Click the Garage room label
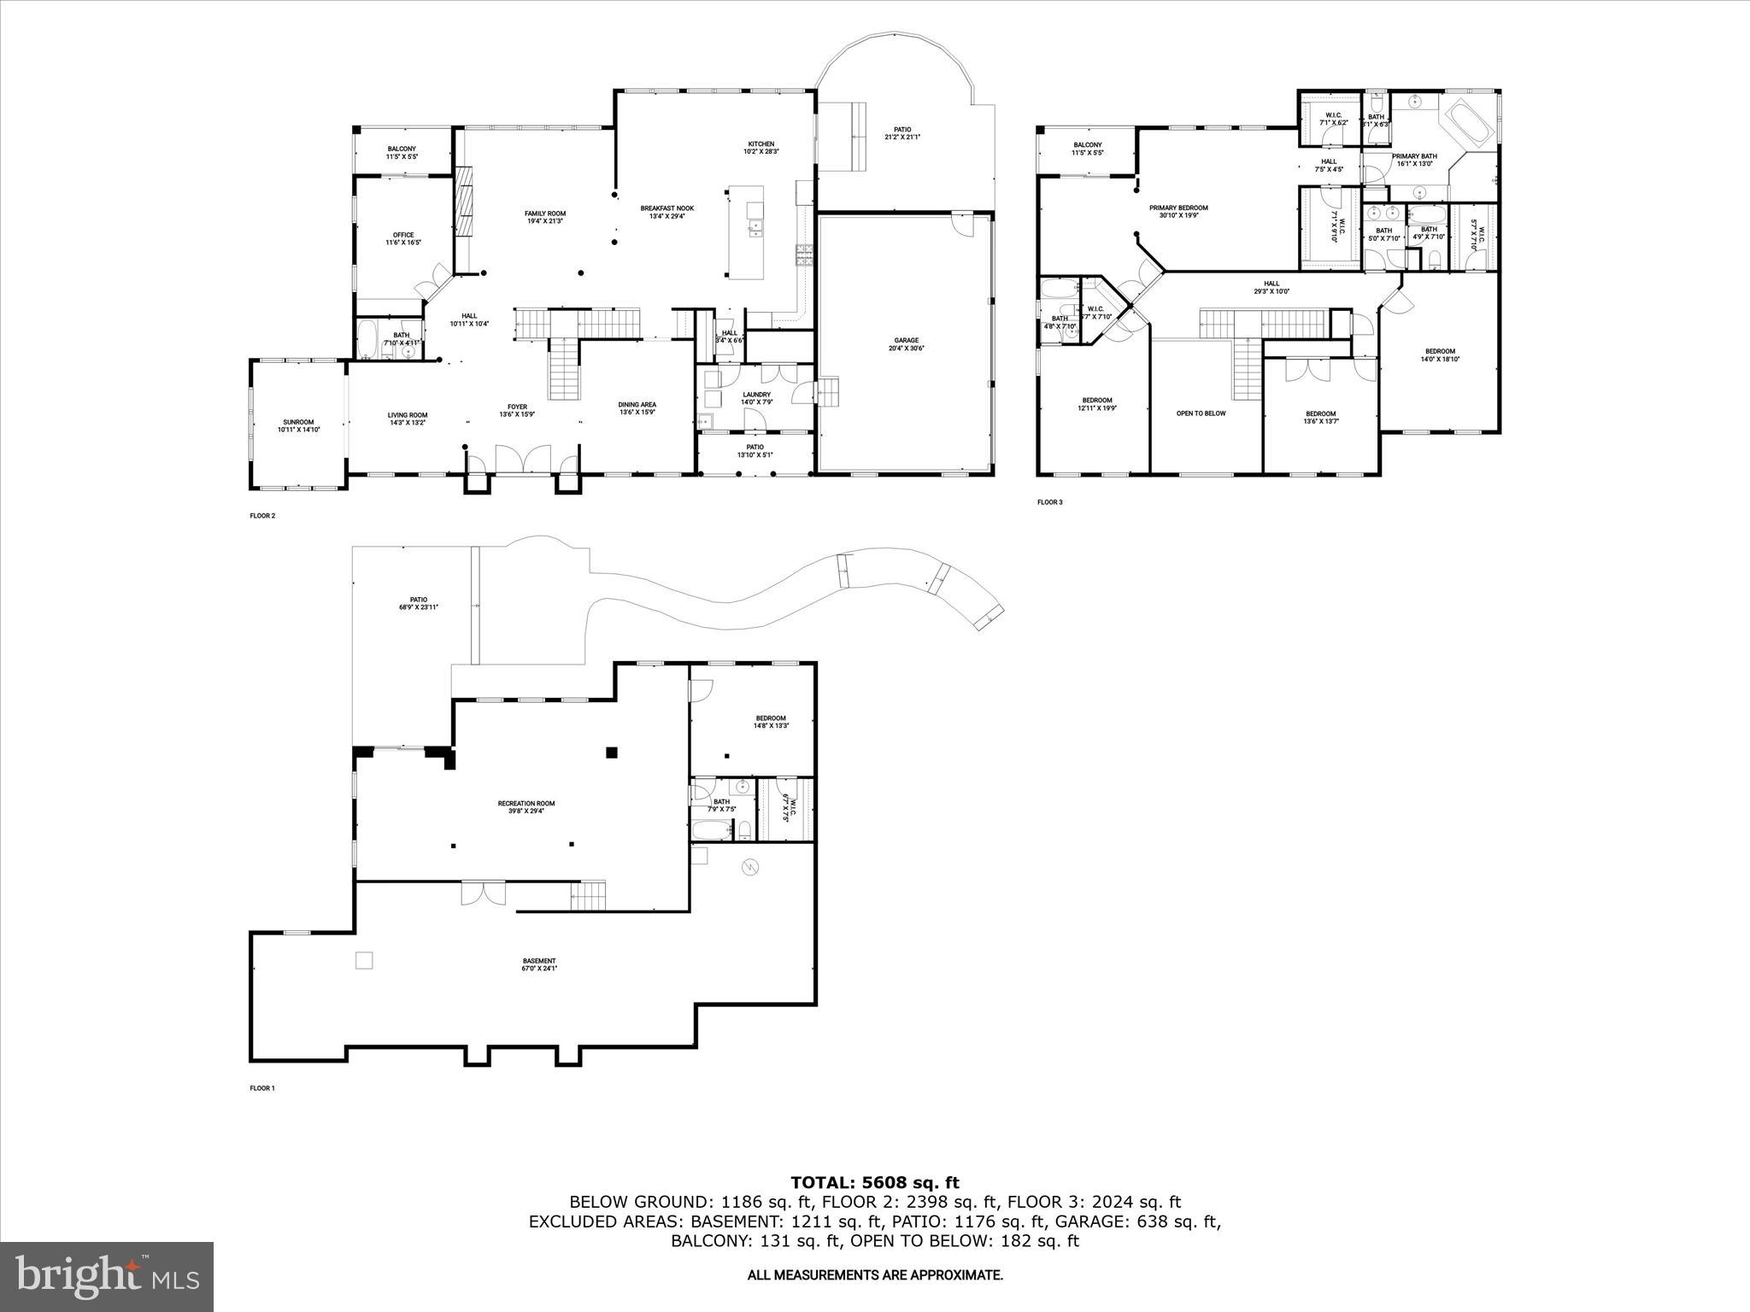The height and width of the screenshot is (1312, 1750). (x=906, y=344)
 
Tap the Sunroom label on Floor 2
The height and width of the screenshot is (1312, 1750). (x=298, y=425)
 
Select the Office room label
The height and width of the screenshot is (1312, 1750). (x=403, y=238)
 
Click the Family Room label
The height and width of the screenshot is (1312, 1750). (x=545, y=217)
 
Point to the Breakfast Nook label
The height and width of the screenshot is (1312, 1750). (x=667, y=212)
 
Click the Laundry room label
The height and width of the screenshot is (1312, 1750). (x=756, y=398)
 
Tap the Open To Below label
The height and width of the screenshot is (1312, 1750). (x=1201, y=413)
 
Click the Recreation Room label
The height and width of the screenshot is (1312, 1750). (x=526, y=806)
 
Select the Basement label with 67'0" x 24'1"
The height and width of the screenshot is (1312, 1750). (x=539, y=964)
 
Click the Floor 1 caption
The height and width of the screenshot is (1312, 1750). (x=262, y=1088)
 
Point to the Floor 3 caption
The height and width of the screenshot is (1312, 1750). (x=1049, y=502)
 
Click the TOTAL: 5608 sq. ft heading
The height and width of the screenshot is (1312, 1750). (x=874, y=1183)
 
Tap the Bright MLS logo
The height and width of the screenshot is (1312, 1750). (x=107, y=1277)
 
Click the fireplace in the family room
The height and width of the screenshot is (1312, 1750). (x=466, y=199)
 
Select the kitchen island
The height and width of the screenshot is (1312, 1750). (x=749, y=232)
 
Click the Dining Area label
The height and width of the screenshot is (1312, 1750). (x=637, y=408)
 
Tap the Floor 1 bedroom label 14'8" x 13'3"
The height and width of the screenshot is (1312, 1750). (x=770, y=722)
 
